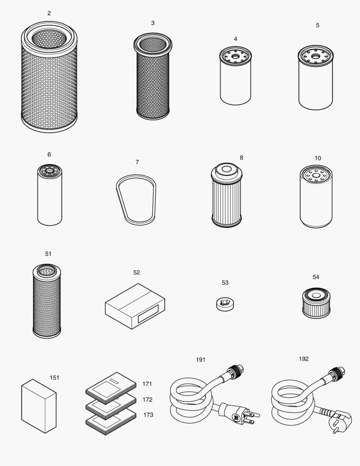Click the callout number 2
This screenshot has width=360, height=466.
(x=49, y=13)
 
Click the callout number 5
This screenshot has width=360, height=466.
(x=317, y=25)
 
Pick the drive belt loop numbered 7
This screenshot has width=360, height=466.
(x=136, y=199)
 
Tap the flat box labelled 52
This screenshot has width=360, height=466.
(x=135, y=305)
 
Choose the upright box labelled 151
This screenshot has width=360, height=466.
(x=39, y=406)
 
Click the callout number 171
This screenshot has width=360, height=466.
(x=147, y=384)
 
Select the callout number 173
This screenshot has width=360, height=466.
(x=148, y=415)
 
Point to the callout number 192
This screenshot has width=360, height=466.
(x=304, y=359)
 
